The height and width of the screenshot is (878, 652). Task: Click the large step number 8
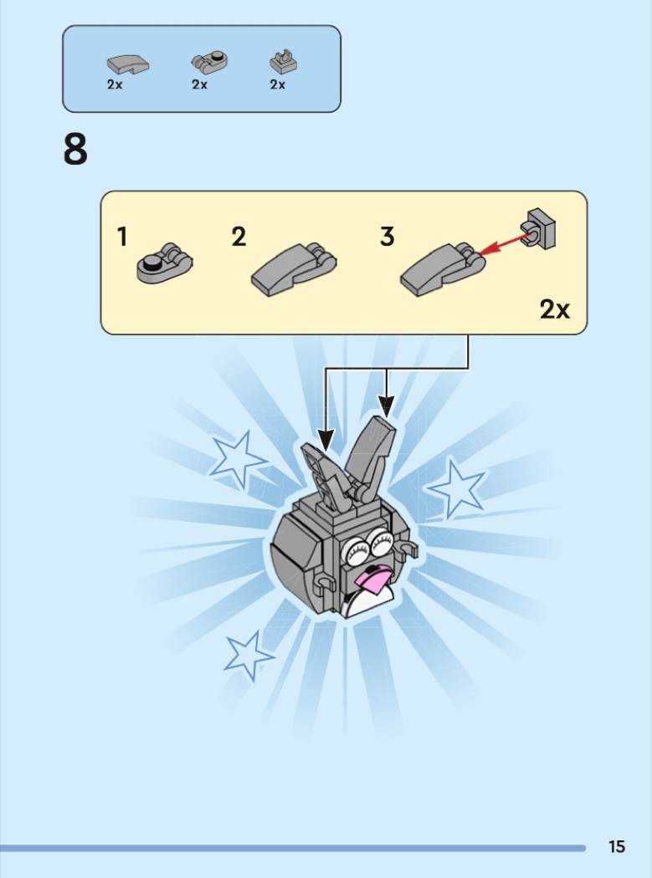75,150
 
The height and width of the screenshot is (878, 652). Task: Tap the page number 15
617,846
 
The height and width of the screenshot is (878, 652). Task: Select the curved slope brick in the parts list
128,64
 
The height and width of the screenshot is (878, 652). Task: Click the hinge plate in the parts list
209,62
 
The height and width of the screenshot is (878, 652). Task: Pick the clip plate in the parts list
283,62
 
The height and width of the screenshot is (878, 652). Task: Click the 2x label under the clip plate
278,84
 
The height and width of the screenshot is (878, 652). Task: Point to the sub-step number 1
122,237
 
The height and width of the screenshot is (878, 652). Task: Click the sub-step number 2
239,237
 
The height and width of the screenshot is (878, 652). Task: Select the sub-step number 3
387,237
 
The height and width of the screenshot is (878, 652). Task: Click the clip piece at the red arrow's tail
538,228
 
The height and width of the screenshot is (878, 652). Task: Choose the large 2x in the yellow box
555,309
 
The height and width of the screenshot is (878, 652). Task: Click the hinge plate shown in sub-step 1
164,263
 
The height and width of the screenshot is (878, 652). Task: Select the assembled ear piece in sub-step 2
294,268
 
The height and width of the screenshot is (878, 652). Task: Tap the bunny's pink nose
373,579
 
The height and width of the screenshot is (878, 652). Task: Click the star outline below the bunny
249,655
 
